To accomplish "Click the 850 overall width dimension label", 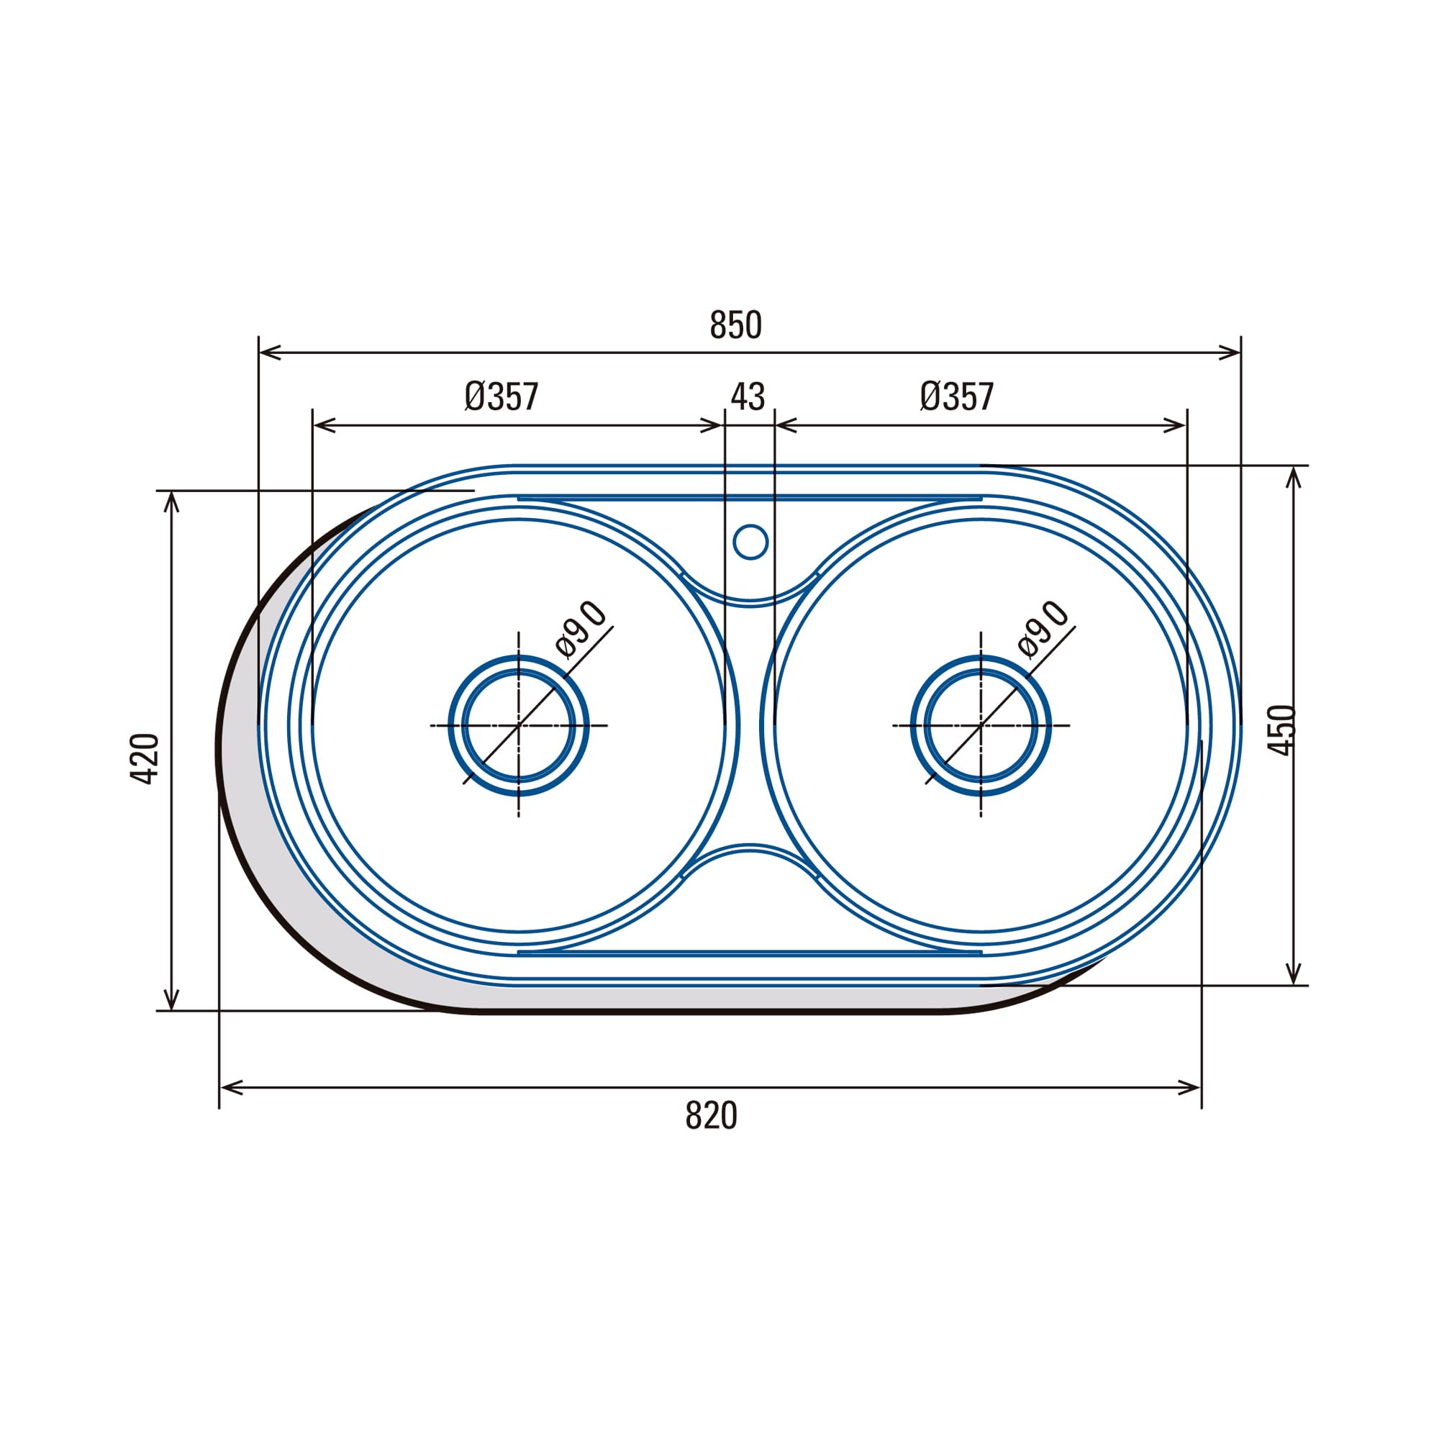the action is click(736, 324).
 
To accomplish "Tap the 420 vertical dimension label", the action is click(145, 759).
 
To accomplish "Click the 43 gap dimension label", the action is click(748, 397).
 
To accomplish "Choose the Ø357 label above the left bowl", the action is click(501, 396).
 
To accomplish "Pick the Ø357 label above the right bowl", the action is click(957, 396).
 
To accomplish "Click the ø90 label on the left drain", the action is click(581, 630).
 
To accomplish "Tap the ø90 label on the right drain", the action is click(1043, 630).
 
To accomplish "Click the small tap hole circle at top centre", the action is click(750, 542).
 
